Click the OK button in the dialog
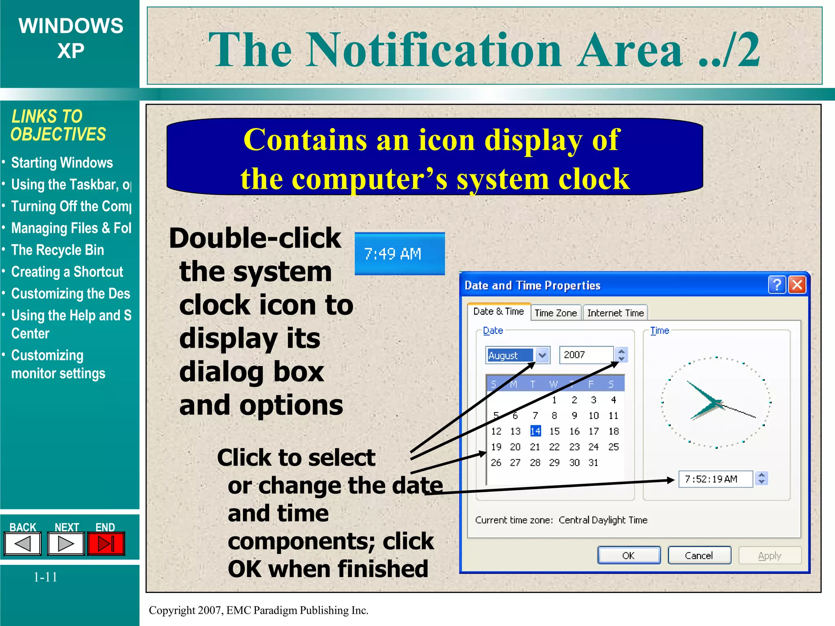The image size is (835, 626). (x=629, y=555)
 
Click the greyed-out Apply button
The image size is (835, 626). (x=769, y=555)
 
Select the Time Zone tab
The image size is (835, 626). (x=556, y=313)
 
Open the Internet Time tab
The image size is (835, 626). (x=615, y=313)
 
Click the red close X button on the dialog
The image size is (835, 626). (x=797, y=284)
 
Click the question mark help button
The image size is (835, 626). (x=777, y=284)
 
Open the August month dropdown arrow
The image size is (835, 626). (x=542, y=355)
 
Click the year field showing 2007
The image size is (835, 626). (x=586, y=355)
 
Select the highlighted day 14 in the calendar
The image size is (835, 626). (x=535, y=431)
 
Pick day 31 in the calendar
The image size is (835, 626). (x=594, y=463)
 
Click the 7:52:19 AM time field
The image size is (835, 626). (x=715, y=479)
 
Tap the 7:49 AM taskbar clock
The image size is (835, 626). (x=399, y=254)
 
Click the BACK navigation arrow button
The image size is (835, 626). (x=23, y=544)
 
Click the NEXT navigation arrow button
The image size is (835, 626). (x=66, y=544)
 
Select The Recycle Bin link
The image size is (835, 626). (x=57, y=250)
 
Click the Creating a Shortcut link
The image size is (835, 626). (x=67, y=272)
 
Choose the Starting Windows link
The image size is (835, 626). (x=62, y=163)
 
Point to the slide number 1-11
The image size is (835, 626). (x=45, y=577)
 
